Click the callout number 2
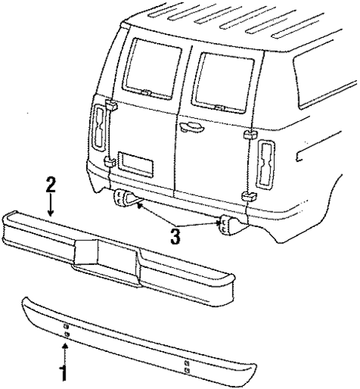pos(50,184)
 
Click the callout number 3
pos(174,237)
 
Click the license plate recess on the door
pos(135,162)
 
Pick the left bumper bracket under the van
pos(123,199)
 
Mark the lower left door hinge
pos(108,160)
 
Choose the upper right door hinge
pos(250,134)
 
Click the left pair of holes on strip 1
pos(66,330)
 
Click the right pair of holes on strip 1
pos(186,365)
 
